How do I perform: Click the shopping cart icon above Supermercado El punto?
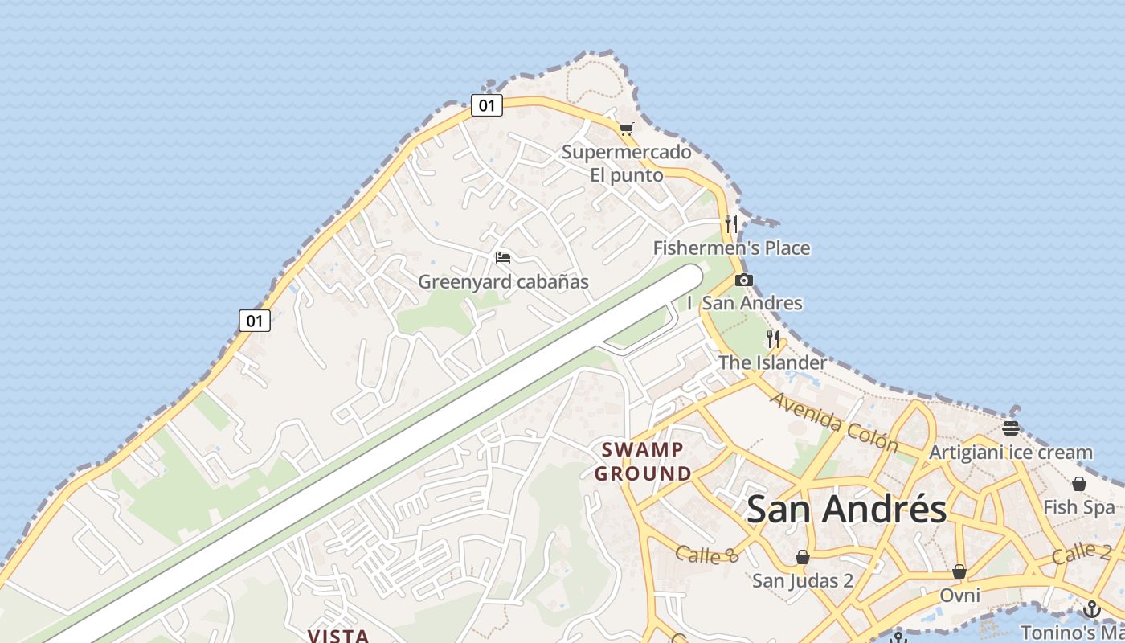[627, 129]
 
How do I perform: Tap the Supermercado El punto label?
[627, 163]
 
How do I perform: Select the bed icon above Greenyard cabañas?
[503, 258]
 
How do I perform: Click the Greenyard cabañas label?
[503, 282]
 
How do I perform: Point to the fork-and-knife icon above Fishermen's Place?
[730, 223]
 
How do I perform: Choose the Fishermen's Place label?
[731, 248]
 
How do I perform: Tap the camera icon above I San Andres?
[744, 280]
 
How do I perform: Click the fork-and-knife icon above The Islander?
[773, 338]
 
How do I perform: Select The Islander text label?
[772, 362]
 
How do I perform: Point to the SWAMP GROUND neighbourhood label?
[643, 461]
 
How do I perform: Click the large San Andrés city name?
[847, 509]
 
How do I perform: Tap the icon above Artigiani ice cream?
[1011, 428]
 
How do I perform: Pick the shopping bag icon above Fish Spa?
[1079, 484]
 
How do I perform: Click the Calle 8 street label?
[706, 554]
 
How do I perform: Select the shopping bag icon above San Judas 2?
[802, 557]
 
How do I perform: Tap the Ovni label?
[959, 596]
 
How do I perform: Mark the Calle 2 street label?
[1082, 552]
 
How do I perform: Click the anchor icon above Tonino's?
[1090, 608]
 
